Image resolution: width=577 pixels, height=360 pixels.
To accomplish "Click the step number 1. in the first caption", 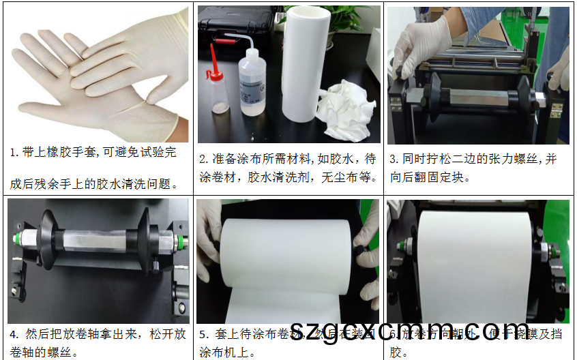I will [x=13, y=153].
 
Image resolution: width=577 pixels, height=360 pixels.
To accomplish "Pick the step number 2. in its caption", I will [x=203, y=160].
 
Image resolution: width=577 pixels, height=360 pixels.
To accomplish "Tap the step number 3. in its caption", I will [x=394, y=160].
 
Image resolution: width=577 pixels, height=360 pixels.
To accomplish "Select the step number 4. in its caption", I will [x=14, y=335].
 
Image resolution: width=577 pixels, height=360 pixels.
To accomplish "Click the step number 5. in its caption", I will [x=203, y=335].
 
